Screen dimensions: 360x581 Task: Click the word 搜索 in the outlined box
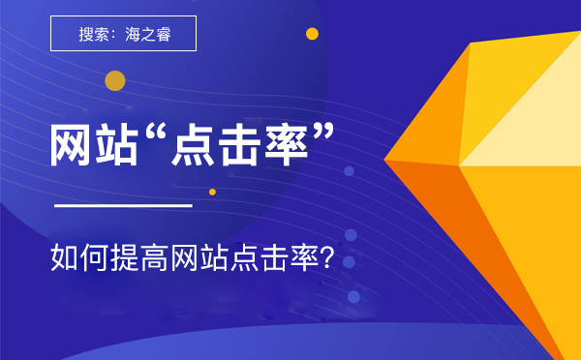(94, 35)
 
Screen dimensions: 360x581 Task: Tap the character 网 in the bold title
(74, 146)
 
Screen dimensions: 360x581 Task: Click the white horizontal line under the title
(122, 205)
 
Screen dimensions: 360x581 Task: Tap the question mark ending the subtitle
(326, 259)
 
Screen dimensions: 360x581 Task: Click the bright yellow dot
(312, 34)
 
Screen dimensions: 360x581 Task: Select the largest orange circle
(115, 80)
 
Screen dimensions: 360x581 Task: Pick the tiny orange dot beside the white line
(212, 192)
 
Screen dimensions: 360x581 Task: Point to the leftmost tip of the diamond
(385, 160)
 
